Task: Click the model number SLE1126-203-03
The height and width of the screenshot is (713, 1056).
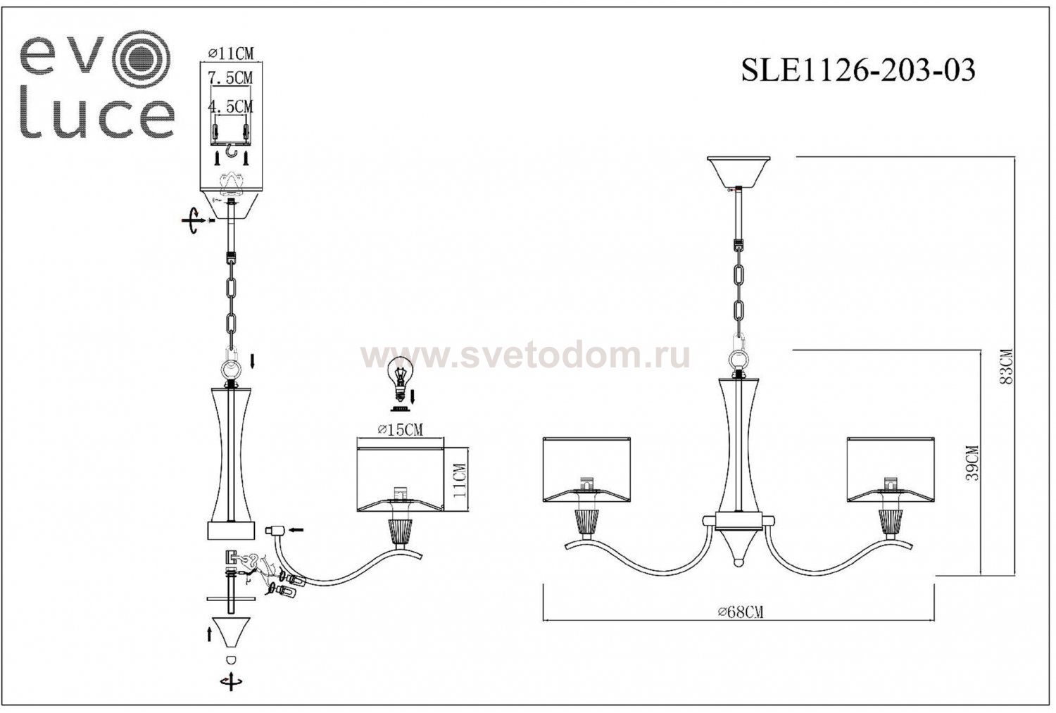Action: (x=858, y=70)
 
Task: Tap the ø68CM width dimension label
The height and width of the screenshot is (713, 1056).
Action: (x=741, y=612)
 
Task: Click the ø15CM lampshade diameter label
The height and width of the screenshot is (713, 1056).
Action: (x=400, y=430)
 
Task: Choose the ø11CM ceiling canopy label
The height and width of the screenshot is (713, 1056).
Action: (x=230, y=53)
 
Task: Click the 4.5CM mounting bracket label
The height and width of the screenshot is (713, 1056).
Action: (x=230, y=107)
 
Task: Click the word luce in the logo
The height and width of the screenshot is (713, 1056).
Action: (x=96, y=118)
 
